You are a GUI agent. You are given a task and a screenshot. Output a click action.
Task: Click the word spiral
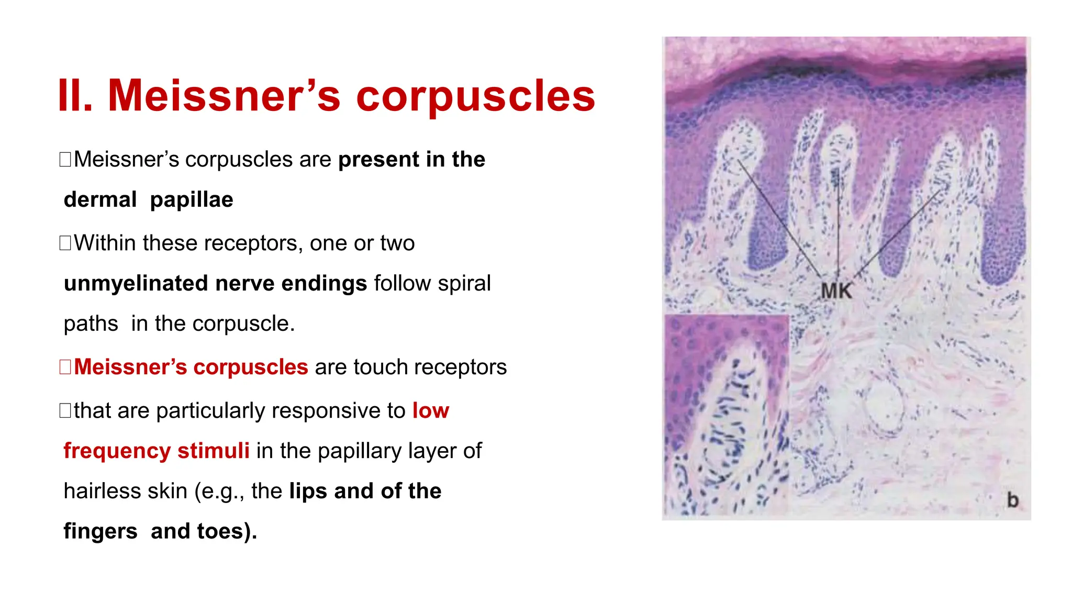(x=464, y=284)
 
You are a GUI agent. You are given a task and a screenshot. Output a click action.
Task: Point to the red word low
(x=430, y=411)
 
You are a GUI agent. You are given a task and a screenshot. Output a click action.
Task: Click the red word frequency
(x=117, y=451)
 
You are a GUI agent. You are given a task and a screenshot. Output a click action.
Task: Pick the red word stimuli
(x=213, y=451)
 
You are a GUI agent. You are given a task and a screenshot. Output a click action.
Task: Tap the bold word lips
(x=308, y=492)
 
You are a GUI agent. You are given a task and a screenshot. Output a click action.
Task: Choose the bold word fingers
(x=100, y=531)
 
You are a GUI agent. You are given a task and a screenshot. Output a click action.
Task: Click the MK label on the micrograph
(x=836, y=291)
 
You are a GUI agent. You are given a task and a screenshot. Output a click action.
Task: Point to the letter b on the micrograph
(x=1013, y=500)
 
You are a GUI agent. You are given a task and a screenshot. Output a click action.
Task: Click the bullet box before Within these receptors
(x=65, y=243)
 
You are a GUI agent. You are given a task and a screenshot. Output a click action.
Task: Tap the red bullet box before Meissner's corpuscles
(x=65, y=367)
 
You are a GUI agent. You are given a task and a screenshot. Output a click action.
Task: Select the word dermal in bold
(x=100, y=200)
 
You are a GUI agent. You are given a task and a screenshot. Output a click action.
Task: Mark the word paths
(x=91, y=324)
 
